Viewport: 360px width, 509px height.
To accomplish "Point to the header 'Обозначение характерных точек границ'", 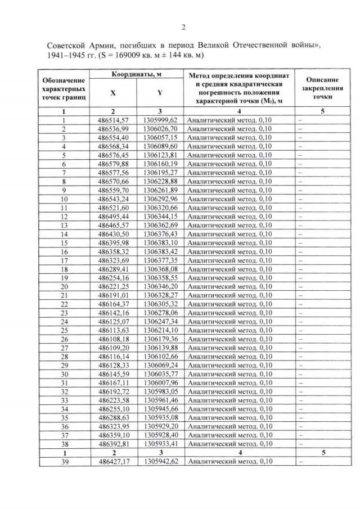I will tap(64, 89).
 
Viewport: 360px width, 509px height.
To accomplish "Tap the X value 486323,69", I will tap(113, 260).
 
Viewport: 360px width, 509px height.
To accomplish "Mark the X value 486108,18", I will tap(113, 339).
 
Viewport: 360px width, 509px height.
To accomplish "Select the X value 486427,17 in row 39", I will tap(113, 462).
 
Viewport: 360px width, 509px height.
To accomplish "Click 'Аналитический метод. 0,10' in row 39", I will tap(230, 462).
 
